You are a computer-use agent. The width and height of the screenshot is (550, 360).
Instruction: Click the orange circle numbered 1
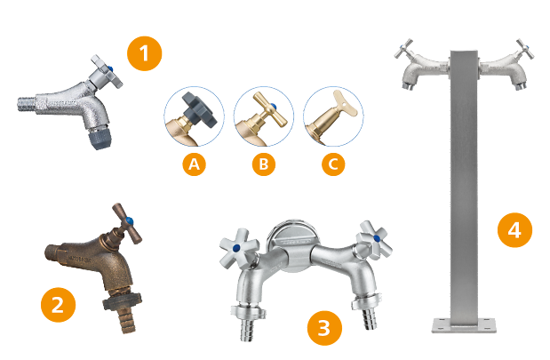click(144, 53)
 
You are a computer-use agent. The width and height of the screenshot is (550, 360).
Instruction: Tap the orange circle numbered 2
click(59, 305)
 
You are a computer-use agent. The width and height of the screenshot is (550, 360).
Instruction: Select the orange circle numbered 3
click(324, 328)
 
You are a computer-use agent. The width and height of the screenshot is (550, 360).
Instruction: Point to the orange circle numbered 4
click(514, 230)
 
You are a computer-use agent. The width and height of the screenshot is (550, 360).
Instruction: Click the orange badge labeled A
click(194, 164)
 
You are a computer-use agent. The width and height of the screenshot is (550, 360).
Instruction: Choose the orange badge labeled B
click(263, 164)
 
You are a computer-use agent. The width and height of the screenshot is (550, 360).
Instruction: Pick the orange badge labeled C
click(333, 164)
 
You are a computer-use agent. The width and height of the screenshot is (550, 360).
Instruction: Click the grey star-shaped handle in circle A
click(199, 110)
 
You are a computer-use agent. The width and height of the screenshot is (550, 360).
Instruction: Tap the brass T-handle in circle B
click(270, 109)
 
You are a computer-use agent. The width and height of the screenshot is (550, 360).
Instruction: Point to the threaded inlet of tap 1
click(27, 104)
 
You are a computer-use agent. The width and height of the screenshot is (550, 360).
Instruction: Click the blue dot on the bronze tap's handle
click(130, 221)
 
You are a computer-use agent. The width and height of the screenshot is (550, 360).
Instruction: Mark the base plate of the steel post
click(464, 325)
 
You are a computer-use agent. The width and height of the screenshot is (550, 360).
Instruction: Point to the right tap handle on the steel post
click(524, 49)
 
